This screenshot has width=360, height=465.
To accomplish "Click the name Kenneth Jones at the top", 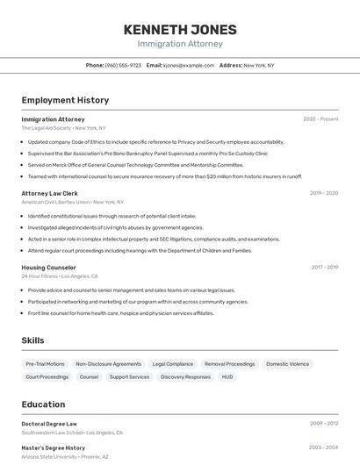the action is tap(180, 29).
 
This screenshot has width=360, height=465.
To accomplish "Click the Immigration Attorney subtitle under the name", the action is tap(180, 43).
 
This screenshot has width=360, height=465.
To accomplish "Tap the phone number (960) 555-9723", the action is tap(123, 65).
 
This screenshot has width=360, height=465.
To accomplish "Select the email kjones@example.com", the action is tap(188, 65).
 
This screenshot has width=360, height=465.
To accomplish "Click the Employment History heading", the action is tap(65, 100).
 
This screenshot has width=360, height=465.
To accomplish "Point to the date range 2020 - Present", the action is tap(320, 118).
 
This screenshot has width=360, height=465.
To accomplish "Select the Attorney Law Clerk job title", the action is tap(50, 193).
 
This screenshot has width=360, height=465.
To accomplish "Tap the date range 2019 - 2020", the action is tap(324, 193).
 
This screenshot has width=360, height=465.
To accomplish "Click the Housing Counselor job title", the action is tap(49, 267).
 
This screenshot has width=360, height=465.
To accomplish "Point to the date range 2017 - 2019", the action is tap(324, 267).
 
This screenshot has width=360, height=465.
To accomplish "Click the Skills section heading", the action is tap(32, 340).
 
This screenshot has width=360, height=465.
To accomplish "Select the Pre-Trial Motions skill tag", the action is tap(45, 363).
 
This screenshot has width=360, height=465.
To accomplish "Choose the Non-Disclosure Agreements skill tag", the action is tap(108, 363).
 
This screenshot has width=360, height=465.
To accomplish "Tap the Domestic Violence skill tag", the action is tap(288, 363).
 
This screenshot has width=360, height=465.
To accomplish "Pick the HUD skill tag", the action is tap(227, 376).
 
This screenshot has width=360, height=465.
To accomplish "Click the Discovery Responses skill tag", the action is tap(185, 376).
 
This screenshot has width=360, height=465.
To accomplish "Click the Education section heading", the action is tap(43, 404).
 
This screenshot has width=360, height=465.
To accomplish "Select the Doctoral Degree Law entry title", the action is tap(49, 424).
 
